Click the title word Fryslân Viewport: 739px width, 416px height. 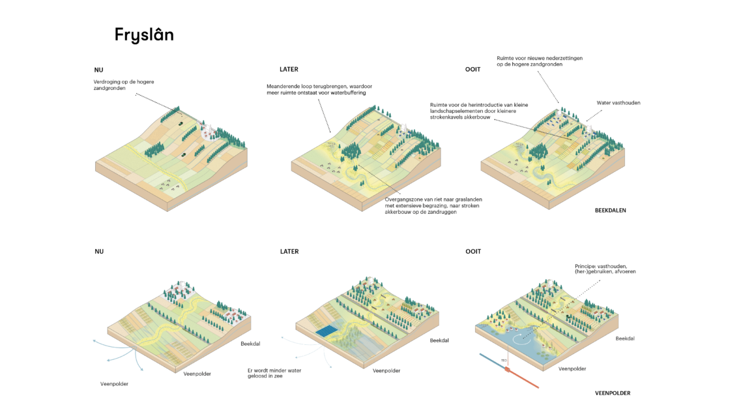pyautogui.click(x=144, y=35)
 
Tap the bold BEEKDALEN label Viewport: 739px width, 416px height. pyautogui.click(x=611, y=211)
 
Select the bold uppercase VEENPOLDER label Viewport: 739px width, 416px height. pyautogui.click(x=613, y=393)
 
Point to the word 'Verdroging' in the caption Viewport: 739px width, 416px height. pyautogui.click(x=108, y=82)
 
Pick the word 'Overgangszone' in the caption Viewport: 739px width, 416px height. pyautogui.click(x=402, y=199)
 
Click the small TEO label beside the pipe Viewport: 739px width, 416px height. pyautogui.click(x=503, y=359)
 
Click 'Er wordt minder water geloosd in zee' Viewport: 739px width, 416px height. pyautogui.click(x=274, y=373)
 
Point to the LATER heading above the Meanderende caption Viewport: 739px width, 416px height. pyautogui.click(x=289, y=69)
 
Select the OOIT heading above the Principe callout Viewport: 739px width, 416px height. pyautogui.click(x=473, y=251)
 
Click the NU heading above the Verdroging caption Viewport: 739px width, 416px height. pyautogui.click(x=99, y=69)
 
